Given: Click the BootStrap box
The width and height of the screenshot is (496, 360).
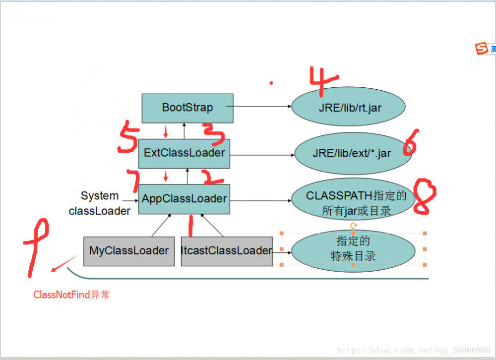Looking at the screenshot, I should (187, 108).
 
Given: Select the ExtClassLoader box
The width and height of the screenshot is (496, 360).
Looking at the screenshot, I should (184, 153).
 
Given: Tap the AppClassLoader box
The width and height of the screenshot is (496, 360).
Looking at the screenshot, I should (184, 199).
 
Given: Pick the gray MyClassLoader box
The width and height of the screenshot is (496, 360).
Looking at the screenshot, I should (129, 251).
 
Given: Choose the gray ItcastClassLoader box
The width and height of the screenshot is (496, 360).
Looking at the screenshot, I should (227, 251).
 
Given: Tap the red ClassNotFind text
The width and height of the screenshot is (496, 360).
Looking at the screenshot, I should (71, 295).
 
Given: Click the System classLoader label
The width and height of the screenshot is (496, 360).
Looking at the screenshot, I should (100, 203).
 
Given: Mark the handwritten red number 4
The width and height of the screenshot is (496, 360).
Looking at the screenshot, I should (322, 82).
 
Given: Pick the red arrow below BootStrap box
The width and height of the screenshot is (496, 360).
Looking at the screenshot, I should (166, 131).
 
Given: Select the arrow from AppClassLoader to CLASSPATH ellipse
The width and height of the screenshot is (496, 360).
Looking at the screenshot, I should (261, 201).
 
